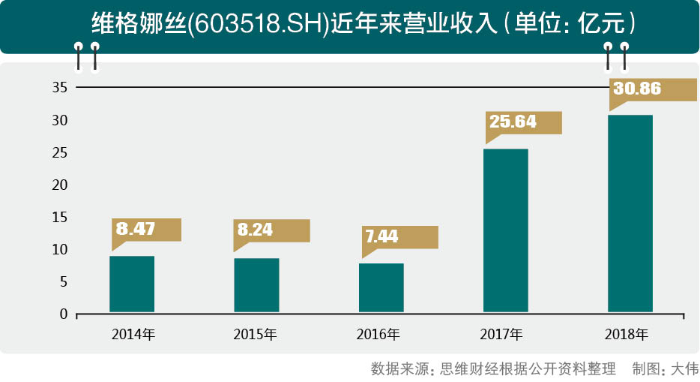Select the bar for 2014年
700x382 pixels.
pyautogui.click(x=132, y=284)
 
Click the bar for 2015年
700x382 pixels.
pyautogui.click(x=256, y=285)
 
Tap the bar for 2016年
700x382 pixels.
pyautogui.click(x=381, y=287)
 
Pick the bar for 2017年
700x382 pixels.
pyautogui.click(x=505, y=230)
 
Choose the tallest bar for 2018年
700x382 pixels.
pyautogui.click(x=630, y=214)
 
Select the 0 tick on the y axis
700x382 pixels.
pyautogui.click(x=64, y=314)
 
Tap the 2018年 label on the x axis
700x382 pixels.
pyautogui.click(x=627, y=335)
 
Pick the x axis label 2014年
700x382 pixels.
pyautogui.click(x=133, y=335)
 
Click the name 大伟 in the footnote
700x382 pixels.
pyautogui.click(x=684, y=369)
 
